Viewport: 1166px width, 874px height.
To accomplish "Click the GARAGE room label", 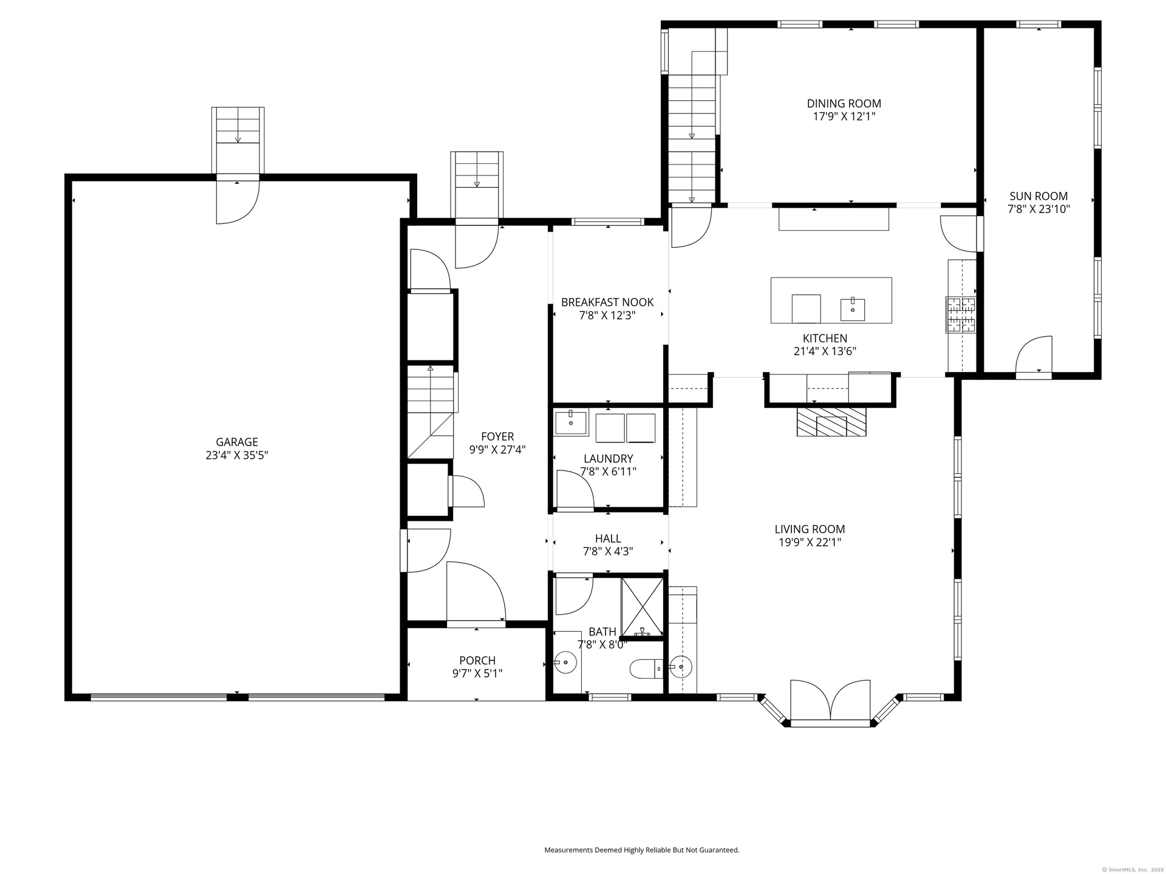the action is (x=237, y=442).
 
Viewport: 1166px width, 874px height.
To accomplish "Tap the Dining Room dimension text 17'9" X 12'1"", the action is (x=844, y=117).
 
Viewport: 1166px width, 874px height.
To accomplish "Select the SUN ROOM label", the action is (x=1038, y=196).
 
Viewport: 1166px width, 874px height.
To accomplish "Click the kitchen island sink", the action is (x=853, y=309).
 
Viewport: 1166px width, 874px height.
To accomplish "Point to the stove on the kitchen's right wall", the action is (x=960, y=314).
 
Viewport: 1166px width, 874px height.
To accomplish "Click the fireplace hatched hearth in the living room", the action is (x=831, y=421).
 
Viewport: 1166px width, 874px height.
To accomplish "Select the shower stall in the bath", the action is (x=643, y=607).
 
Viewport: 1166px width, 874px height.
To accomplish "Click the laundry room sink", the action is (x=571, y=422).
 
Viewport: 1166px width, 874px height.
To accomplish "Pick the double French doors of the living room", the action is (x=831, y=702).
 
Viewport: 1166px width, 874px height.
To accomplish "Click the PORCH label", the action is (x=477, y=660).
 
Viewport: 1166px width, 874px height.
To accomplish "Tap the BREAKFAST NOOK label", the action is (x=607, y=302).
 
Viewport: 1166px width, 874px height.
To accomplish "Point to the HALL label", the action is (x=608, y=538).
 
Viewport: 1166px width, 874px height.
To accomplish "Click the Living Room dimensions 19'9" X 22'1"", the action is (x=810, y=543).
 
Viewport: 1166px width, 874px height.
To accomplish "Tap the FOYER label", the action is (x=497, y=436).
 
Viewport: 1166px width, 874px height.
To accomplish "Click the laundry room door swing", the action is (x=575, y=488).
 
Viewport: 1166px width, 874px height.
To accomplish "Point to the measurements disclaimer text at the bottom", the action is (x=642, y=850).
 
